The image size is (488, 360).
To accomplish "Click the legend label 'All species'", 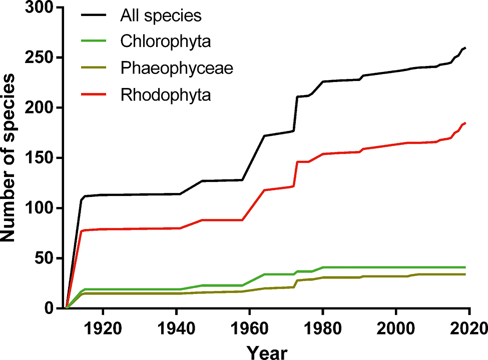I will click(x=161, y=15).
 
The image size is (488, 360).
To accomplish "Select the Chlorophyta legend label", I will click(x=165, y=41).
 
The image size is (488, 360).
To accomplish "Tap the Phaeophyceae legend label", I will click(x=177, y=68).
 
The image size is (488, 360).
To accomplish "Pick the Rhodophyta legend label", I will click(x=166, y=94).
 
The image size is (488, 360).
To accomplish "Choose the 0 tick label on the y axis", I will click(x=50, y=308).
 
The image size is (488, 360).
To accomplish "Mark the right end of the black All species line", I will click(x=465, y=48).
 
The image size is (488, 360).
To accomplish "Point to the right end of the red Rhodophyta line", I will click(x=465, y=123).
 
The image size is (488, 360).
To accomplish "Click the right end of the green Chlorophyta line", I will click(x=465, y=267).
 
